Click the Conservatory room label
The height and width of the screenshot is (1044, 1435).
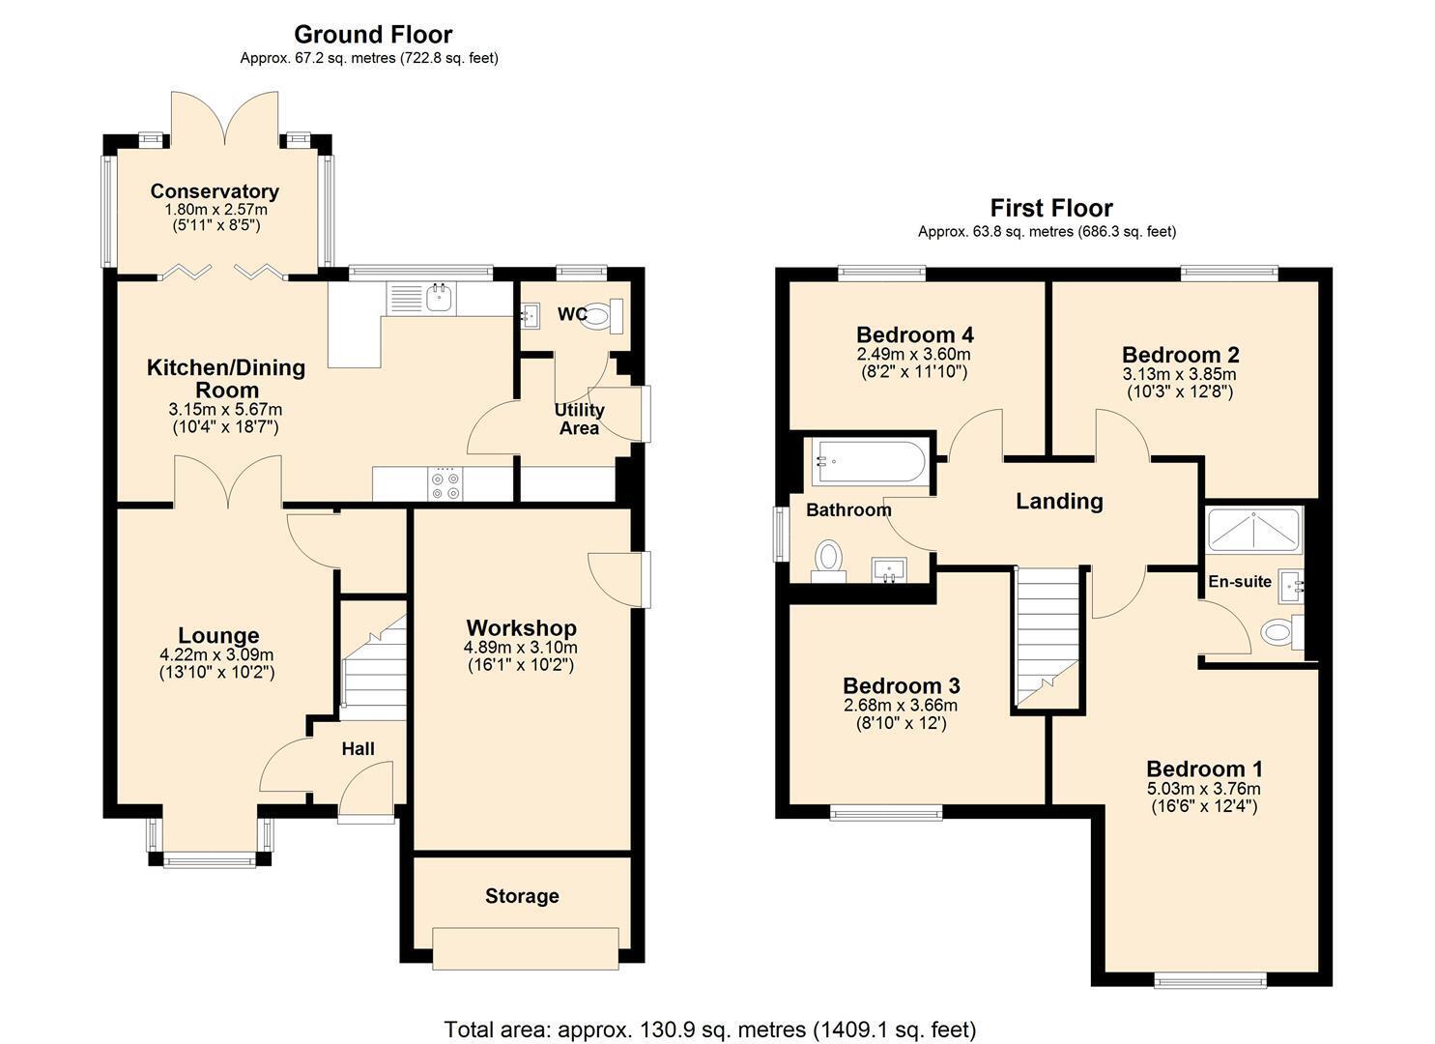(215, 191)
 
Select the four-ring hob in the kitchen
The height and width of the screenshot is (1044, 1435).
(445, 484)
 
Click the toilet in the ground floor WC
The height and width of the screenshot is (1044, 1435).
(602, 316)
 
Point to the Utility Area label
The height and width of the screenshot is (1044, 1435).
(579, 420)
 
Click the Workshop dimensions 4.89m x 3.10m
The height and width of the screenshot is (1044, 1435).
(521, 648)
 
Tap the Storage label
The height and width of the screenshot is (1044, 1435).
(522, 896)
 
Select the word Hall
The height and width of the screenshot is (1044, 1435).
(358, 748)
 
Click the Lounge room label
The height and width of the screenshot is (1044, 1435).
(218, 635)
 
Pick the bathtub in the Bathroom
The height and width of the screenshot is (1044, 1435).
(870, 462)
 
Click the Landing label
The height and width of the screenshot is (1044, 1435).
(1060, 501)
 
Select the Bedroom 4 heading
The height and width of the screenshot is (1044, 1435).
(915, 334)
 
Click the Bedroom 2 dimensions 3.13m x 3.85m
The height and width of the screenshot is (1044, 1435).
(1179, 374)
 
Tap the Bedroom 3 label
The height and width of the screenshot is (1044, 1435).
(902, 685)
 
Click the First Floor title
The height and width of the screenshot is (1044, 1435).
(1051, 208)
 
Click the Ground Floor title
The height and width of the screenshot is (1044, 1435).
(373, 34)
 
